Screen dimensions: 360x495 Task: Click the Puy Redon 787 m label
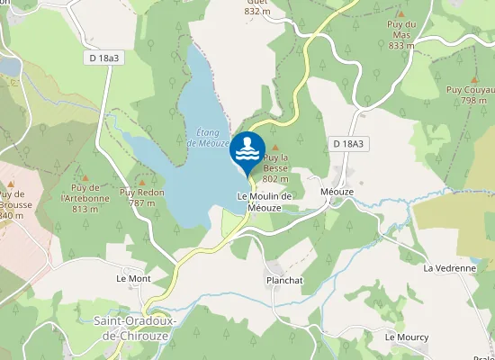142,197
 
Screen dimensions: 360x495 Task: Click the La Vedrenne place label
448,267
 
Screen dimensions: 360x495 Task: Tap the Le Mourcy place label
407,337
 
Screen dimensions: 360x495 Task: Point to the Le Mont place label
133,279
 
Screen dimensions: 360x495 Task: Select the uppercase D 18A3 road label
350,143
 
